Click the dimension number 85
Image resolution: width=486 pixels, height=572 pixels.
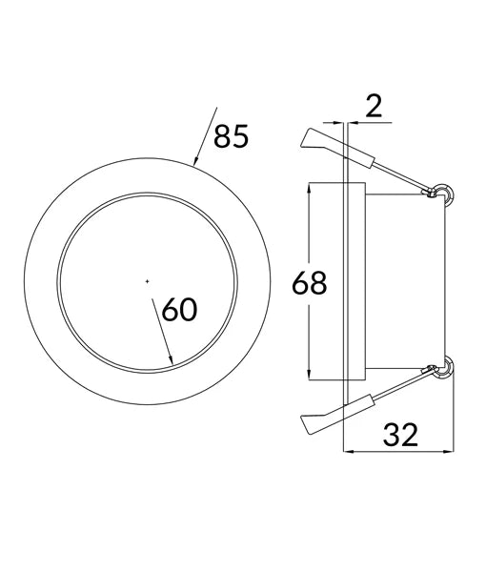[x=231, y=137]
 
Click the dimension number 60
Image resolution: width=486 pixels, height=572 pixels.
[x=180, y=310]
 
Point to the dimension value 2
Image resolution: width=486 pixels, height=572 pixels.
[x=374, y=105]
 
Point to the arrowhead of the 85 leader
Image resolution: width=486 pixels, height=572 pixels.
[x=195, y=162]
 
